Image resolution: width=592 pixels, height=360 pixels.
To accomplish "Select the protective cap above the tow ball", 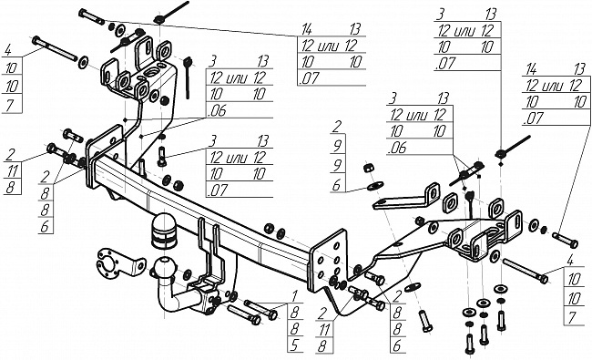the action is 165,231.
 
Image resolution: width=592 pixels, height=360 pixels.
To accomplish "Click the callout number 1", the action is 294,295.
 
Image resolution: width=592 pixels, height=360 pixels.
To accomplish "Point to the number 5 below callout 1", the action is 294,345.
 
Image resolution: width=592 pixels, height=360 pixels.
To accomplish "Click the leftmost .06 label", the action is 218,110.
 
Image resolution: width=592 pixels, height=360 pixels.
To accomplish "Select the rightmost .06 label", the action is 397,149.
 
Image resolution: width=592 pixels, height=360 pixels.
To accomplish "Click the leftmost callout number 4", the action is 9,50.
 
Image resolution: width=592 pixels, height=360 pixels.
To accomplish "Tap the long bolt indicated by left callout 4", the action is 55,48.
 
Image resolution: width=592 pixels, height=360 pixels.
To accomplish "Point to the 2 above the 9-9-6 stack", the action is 337,128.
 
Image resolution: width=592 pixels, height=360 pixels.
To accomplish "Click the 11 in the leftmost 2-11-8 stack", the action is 12,171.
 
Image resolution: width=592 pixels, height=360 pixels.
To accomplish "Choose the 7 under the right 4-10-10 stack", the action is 573,316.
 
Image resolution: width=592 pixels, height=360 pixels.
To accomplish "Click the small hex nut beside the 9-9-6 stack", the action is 368,168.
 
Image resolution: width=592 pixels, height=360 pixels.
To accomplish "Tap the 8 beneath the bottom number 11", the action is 322,346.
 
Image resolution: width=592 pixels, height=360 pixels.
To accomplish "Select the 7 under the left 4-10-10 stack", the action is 10,105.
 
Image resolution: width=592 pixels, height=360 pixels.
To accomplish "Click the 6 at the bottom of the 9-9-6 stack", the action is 337,185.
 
